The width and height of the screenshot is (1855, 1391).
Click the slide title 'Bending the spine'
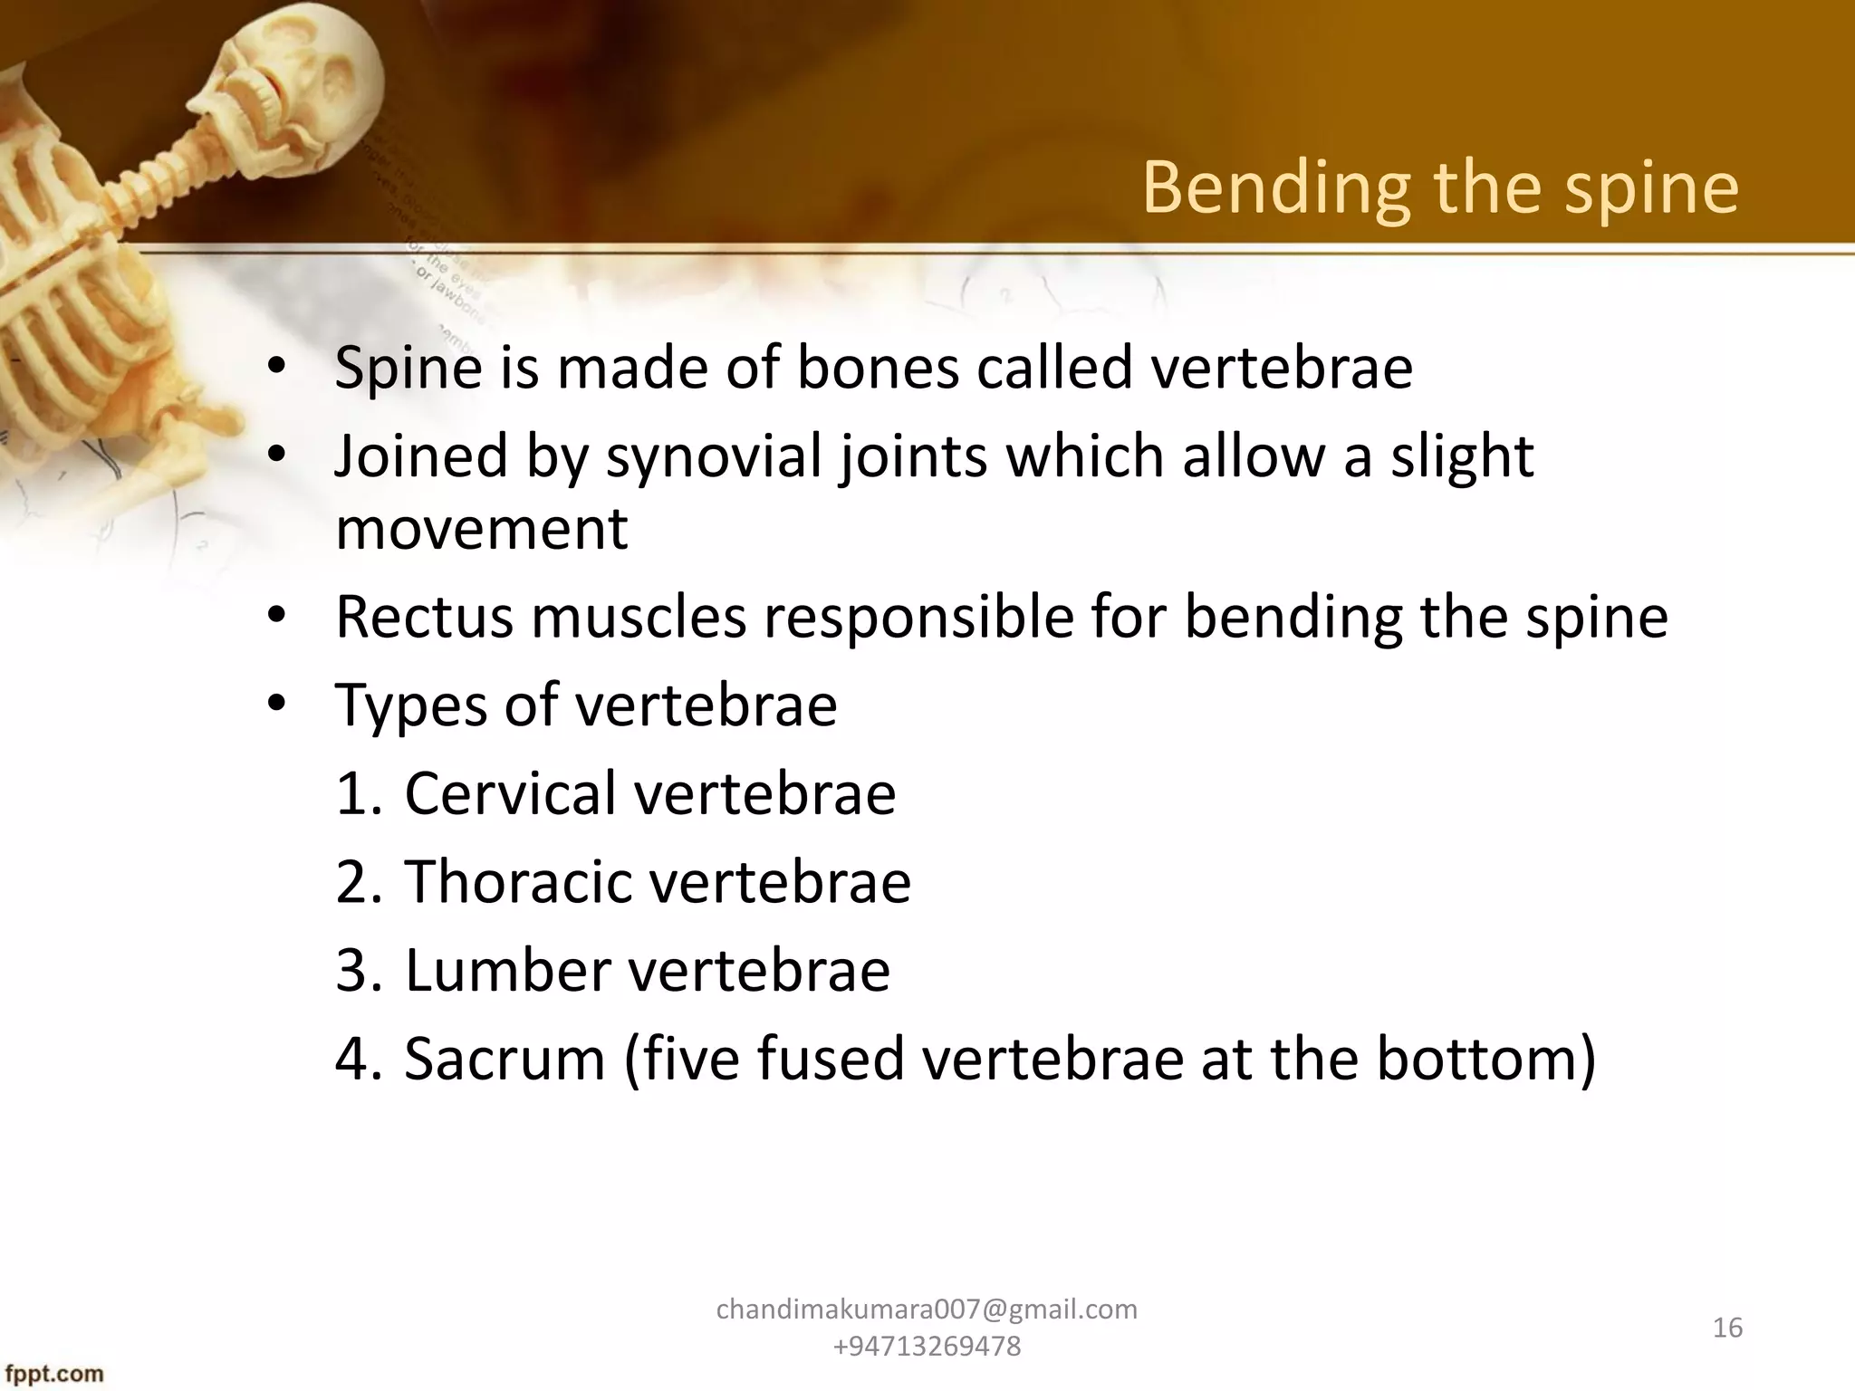tap(1440, 188)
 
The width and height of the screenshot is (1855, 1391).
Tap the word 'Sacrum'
tap(504, 1058)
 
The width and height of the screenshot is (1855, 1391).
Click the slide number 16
tap(1727, 1328)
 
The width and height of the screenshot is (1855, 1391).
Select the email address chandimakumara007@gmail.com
tap(927, 1309)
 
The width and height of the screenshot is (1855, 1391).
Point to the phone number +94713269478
tap(927, 1347)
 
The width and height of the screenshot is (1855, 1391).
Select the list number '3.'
tap(359, 970)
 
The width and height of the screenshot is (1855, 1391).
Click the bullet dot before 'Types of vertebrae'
tap(277, 704)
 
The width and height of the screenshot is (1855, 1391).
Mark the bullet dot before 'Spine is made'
tap(277, 367)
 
